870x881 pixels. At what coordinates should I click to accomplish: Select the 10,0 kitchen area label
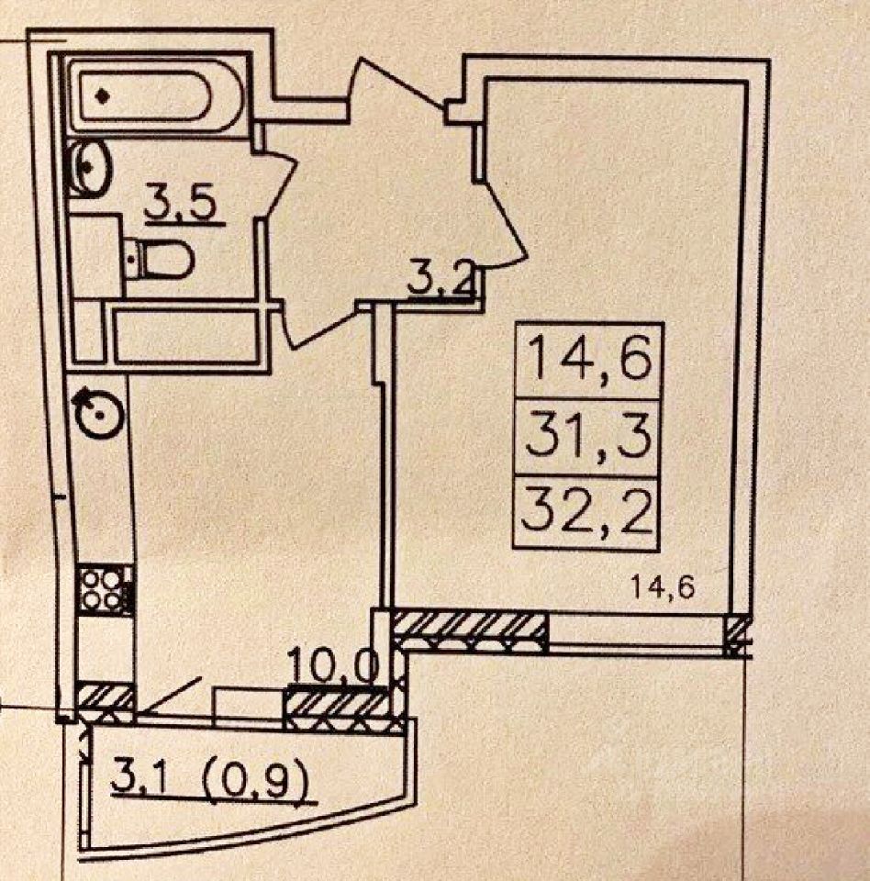coord(333,668)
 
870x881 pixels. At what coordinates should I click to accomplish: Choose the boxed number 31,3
coord(588,438)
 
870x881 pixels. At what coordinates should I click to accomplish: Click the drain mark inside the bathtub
coord(106,94)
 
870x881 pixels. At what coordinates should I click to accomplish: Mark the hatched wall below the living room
coord(470,631)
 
